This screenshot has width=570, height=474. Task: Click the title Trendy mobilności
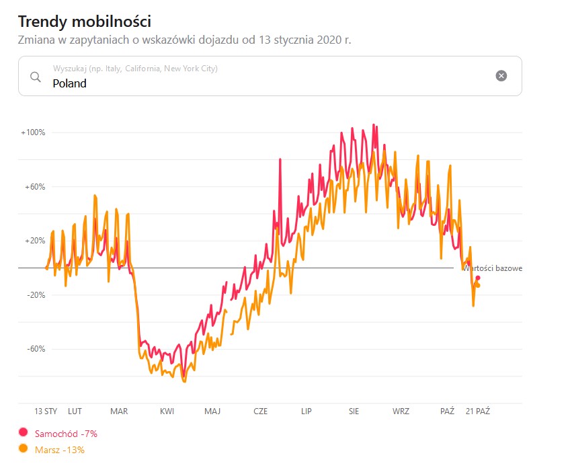(x=84, y=21)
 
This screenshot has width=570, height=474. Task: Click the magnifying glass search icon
(x=36, y=76)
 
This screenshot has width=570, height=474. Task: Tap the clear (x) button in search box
(x=501, y=75)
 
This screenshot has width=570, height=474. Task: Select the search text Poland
(x=70, y=83)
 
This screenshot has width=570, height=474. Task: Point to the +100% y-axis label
(x=33, y=132)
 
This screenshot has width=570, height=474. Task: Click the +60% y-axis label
(x=35, y=187)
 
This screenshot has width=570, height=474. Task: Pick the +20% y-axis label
(x=35, y=241)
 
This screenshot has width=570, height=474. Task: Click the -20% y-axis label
(x=36, y=294)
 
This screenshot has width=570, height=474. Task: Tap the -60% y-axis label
(x=36, y=349)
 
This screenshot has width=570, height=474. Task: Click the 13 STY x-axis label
(x=46, y=411)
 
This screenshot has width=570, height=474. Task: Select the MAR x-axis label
(x=119, y=411)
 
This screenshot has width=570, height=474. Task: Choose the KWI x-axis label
(x=167, y=411)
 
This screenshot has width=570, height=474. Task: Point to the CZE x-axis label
(x=260, y=411)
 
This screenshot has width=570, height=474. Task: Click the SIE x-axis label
(x=354, y=411)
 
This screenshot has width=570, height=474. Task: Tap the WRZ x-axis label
(x=401, y=411)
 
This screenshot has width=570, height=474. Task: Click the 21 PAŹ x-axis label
(x=478, y=411)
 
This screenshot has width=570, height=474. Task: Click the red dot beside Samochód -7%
(x=24, y=433)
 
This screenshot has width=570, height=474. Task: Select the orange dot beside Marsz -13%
(x=24, y=449)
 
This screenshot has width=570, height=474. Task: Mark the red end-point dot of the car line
(x=478, y=278)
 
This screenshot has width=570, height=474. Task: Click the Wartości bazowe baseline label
(x=493, y=268)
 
